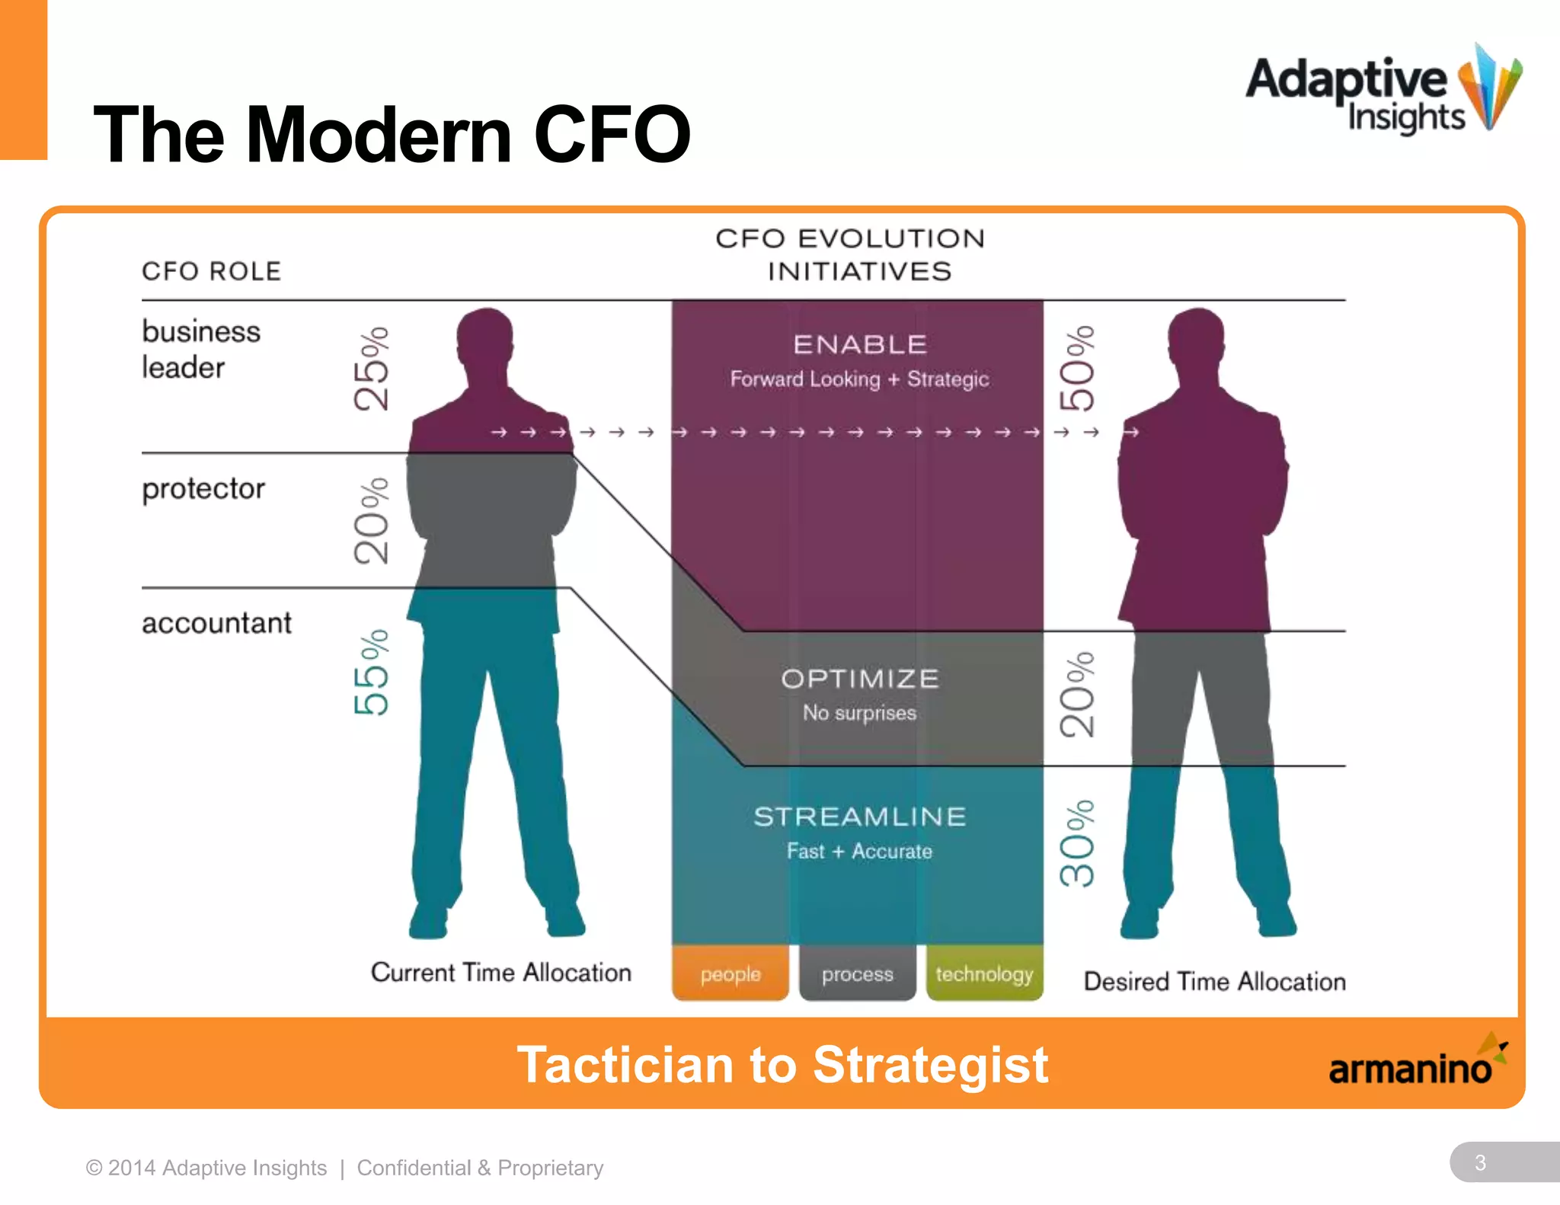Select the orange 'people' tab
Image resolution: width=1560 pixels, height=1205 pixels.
(730, 973)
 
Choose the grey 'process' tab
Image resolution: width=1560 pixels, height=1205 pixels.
(857, 973)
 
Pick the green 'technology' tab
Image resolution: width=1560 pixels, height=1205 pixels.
(984, 973)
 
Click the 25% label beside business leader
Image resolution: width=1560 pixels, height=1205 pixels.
(372, 369)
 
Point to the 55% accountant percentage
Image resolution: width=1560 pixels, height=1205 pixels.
(372, 672)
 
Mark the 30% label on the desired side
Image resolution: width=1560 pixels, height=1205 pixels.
(1077, 843)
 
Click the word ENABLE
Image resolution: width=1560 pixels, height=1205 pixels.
(860, 344)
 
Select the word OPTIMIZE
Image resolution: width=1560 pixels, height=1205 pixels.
(860, 679)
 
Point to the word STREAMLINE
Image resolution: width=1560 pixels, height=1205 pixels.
(860, 817)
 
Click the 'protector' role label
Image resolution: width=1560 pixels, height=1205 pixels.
(203, 489)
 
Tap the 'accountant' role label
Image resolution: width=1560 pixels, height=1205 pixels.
(216, 623)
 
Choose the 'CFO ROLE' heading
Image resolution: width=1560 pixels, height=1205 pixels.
(212, 271)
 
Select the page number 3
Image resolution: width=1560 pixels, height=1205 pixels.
(1480, 1162)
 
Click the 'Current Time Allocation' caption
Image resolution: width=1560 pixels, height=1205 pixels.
(501, 973)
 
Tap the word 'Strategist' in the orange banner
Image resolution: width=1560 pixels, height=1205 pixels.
(930, 1064)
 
